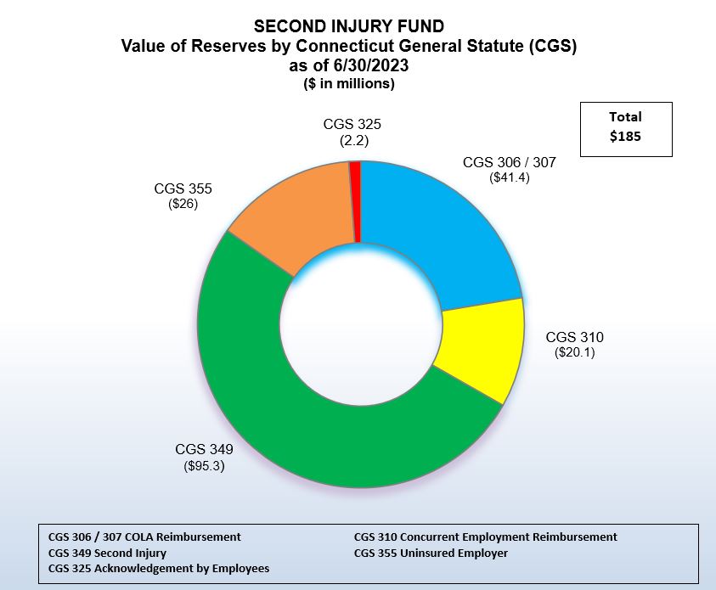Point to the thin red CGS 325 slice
point(355,199)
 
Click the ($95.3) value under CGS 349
point(204,465)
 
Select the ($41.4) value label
point(510,178)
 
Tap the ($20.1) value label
point(575,352)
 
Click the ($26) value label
point(183,205)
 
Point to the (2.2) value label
point(352,141)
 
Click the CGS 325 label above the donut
point(352,125)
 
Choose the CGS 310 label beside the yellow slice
point(575,336)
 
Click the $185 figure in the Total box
point(625,136)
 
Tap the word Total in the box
point(625,117)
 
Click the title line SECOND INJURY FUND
point(349,26)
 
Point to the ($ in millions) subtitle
point(349,84)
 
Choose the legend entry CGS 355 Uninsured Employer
point(431,553)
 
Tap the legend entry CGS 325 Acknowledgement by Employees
point(159,568)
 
